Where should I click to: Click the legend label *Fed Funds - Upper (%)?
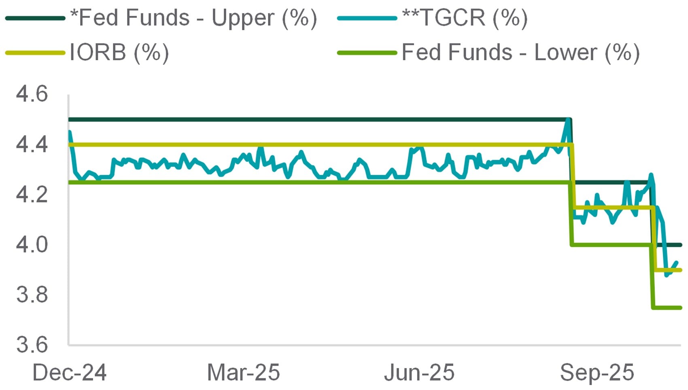[x=193, y=18]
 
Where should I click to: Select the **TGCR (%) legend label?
[x=465, y=18]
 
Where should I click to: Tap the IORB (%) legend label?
[x=119, y=53]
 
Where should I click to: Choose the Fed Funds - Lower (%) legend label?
[x=520, y=53]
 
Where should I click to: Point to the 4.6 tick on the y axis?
[x=32, y=94]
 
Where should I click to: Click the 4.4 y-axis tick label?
[x=32, y=144]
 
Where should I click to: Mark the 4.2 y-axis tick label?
[x=32, y=195]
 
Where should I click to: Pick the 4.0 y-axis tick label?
[x=32, y=245]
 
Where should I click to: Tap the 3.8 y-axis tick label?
[x=32, y=295]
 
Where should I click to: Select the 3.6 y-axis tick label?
[x=32, y=345]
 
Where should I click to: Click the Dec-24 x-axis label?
[x=69, y=372]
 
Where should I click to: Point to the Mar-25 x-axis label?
[x=243, y=372]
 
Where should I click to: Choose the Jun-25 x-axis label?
[x=419, y=372]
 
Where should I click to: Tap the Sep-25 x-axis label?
[x=597, y=372]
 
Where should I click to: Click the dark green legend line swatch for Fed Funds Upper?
[x=35, y=18]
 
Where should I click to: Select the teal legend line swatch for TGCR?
[x=367, y=18]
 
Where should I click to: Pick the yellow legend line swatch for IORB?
[x=35, y=53]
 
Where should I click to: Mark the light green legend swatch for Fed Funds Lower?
[x=367, y=53]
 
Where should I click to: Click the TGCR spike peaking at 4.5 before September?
[x=568, y=121]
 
